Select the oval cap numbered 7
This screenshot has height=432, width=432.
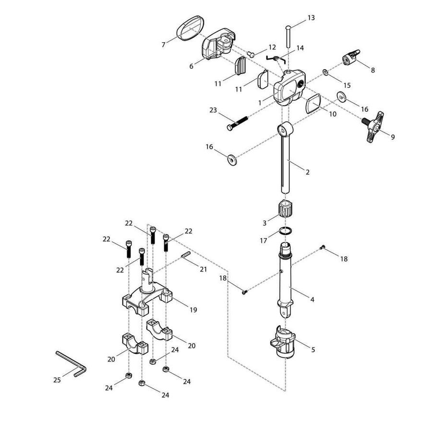(190, 28)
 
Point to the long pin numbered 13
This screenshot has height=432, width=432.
(288, 36)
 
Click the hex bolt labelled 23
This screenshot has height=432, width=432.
(237, 123)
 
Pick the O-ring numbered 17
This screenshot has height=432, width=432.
(285, 230)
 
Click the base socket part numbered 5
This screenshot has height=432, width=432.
(283, 342)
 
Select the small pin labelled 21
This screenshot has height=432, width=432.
(186, 254)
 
